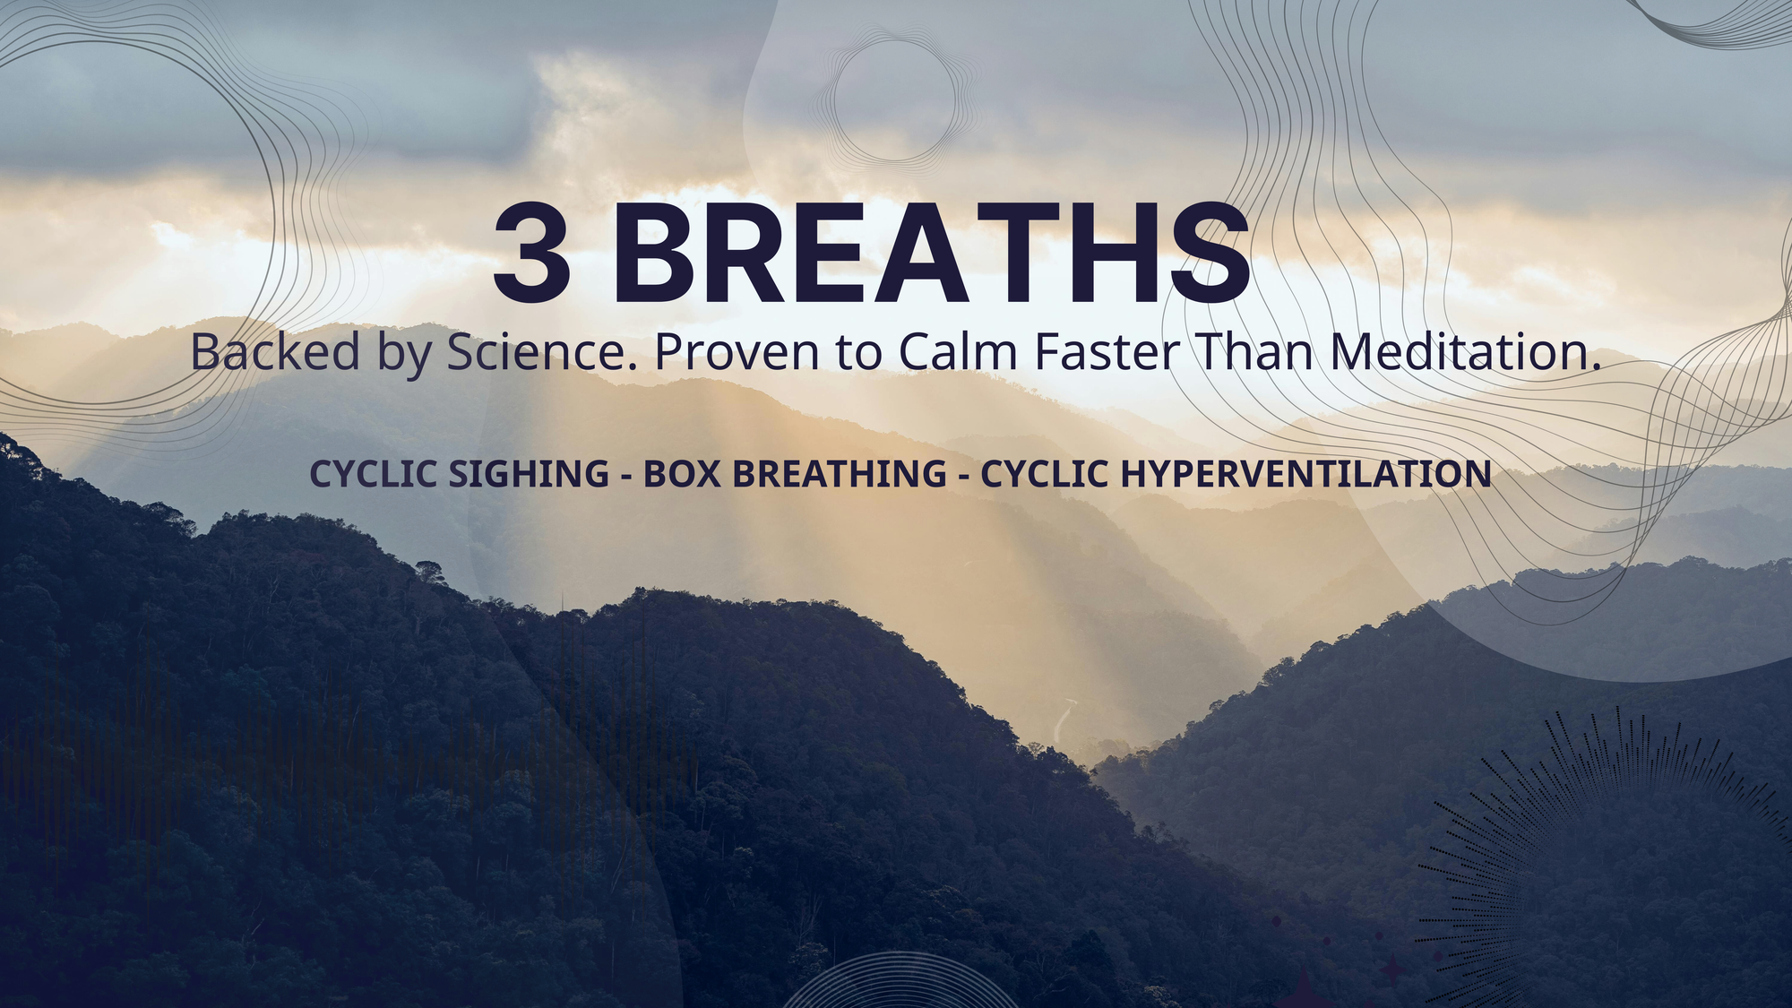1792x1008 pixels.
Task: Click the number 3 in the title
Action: [x=531, y=254]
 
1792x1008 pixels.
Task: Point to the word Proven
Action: [x=737, y=351]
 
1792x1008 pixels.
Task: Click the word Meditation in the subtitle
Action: [x=1465, y=351]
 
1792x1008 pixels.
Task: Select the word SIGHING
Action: [x=529, y=474]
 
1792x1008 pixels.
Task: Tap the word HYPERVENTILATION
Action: [x=1306, y=474]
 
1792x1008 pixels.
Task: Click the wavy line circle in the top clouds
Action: [x=893, y=97]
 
